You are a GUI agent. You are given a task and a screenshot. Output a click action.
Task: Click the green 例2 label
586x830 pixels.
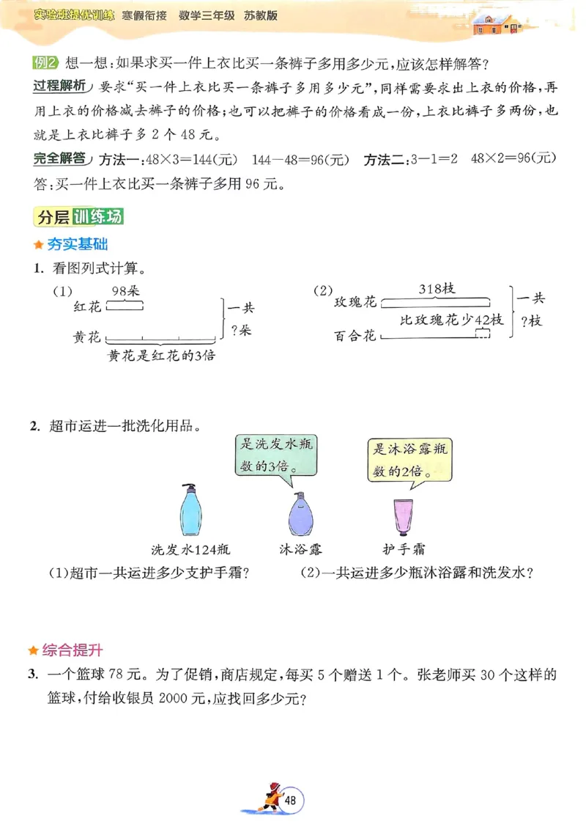click(x=45, y=62)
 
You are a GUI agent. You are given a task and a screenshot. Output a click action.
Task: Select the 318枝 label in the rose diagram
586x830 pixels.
click(x=437, y=288)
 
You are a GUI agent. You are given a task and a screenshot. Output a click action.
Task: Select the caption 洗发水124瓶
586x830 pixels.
click(x=190, y=548)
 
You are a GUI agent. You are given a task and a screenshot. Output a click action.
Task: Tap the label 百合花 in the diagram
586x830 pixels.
click(x=355, y=336)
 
